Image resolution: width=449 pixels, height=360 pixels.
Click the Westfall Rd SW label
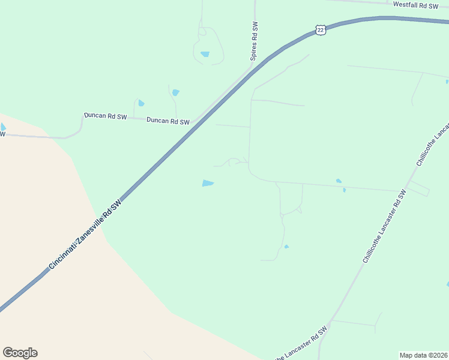click(416, 5)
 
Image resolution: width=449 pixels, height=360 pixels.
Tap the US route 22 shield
click(321, 30)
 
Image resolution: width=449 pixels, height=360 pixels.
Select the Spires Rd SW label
click(255, 41)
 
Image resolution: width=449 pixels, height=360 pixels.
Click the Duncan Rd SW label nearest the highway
click(169, 121)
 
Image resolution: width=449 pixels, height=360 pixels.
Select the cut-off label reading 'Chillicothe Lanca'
click(433, 145)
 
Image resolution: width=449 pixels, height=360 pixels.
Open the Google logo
click(20, 353)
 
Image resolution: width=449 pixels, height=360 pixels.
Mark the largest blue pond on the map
click(208, 183)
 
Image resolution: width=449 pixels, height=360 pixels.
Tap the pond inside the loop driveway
click(205, 54)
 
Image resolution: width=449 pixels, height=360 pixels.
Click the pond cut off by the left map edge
click(2, 127)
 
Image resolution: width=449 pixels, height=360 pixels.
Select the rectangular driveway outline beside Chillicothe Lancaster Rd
click(419, 188)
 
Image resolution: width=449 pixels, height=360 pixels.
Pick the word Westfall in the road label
click(406, 5)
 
